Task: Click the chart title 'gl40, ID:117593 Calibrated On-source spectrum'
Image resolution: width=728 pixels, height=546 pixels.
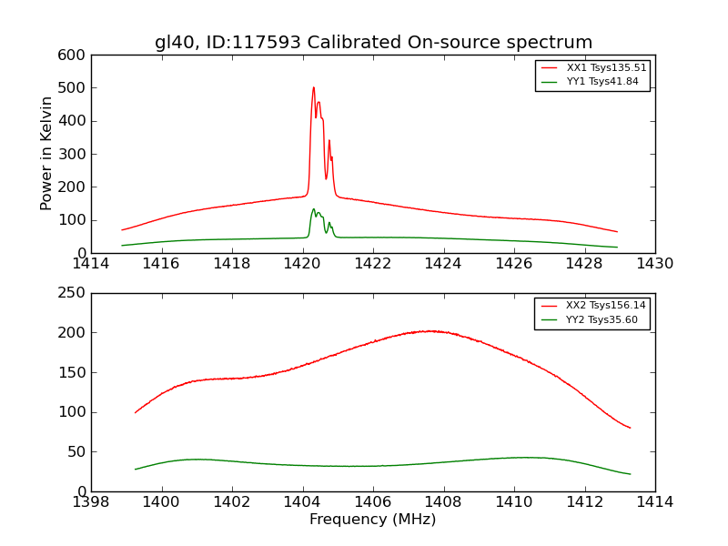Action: point(373,43)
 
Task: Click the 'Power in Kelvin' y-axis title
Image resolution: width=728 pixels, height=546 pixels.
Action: point(46,154)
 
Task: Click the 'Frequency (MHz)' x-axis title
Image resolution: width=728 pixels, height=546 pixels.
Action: point(373,520)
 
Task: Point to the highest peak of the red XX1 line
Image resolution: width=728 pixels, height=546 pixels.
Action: point(313,88)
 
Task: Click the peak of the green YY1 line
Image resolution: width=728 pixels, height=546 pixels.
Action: point(314,209)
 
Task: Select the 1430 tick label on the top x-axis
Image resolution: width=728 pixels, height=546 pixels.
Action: point(654,264)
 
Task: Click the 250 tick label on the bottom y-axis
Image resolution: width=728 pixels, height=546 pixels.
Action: point(74,293)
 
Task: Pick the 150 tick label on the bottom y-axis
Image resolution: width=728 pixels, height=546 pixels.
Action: point(74,372)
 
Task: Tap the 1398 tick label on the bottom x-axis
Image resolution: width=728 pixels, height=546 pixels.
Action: point(91,501)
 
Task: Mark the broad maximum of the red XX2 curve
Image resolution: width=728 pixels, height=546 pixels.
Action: point(431,331)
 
